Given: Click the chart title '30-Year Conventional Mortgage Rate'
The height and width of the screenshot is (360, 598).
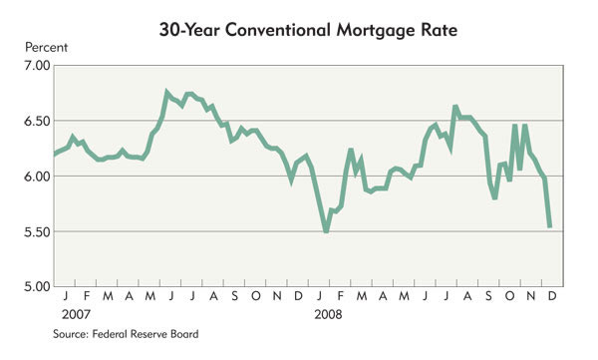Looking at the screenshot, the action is click(x=308, y=31).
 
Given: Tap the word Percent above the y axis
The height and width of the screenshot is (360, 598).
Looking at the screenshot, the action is click(x=46, y=48).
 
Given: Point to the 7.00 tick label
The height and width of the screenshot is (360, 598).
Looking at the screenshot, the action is click(x=37, y=66).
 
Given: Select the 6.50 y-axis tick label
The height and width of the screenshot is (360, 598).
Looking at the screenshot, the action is click(x=37, y=122).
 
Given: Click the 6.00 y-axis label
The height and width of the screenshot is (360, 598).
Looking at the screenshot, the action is click(x=37, y=177).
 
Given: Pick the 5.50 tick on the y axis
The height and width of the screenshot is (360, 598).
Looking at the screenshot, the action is click(x=37, y=232).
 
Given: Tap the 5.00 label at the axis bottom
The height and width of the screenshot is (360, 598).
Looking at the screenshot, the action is click(x=37, y=286).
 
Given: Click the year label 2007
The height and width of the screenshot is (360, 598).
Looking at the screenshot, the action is click(x=77, y=314).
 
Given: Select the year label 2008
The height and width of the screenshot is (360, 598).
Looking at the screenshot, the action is click(x=328, y=314).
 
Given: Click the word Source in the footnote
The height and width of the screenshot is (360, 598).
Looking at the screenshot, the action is click(x=71, y=334).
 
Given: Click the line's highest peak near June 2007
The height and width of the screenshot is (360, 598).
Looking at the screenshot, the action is click(x=166, y=92).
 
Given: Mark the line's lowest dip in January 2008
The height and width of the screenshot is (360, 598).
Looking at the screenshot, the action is click(x=326, y=230).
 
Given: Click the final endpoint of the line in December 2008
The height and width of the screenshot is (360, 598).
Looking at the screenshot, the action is click(x=549, y=226).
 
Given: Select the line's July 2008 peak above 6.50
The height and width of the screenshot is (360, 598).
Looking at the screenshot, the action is click(x=455, y=107).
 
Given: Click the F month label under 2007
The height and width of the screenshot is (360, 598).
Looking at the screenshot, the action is click(x=87, y=296).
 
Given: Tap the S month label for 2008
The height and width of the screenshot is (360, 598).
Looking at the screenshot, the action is click(x=488, y=296).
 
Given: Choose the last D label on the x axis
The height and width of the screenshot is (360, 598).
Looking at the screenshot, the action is click(x=552, y=296).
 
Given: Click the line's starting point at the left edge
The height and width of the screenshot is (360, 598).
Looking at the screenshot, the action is click(x=55, y=155).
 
